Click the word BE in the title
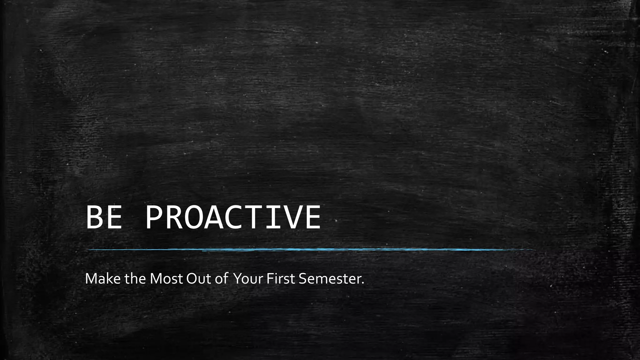pyautogui.click(x=103, y=217)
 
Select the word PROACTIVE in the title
pyautogui.click(x=233, y=217)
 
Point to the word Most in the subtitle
pyautogui.click(x=166, y=279)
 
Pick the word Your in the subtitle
pyautogui.click(x=248, y=279)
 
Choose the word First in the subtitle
pyautogui.click(x=281, y=279)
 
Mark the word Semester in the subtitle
pyautogui.click(x=329, y=279)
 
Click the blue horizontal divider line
pyautogui.click(x=309, y=250)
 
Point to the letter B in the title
pyautogui.click(x=94, y=217)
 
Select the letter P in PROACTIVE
pyautogui.click(x=154, y=217)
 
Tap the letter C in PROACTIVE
pyautogui.click(x=233, y=217)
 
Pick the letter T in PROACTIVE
pyautogui.click(x=253, y=217)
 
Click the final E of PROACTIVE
pyautogui.click(x=312, y=217)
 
